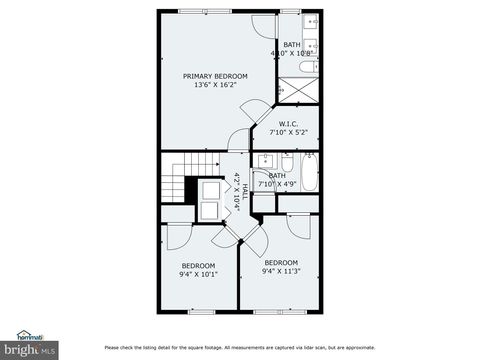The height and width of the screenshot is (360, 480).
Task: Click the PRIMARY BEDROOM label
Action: [215, 76]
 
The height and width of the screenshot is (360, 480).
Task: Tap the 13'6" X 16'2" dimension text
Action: [215, 86]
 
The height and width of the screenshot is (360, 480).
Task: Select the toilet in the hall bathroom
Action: [287, 163]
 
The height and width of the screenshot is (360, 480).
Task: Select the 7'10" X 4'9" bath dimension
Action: [277, 184]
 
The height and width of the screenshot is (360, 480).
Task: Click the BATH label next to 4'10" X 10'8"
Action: [291, 45]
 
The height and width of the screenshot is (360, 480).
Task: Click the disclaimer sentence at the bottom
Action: [240, 348]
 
